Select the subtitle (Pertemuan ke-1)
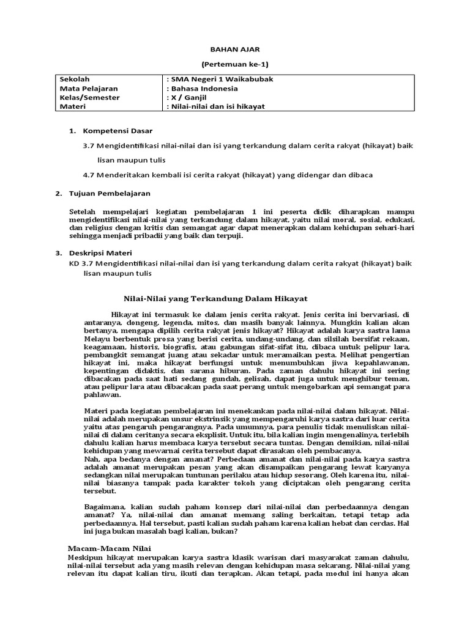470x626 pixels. [235, 64]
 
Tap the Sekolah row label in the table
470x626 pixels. [74, 79]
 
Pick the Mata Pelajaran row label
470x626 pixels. [89, 88]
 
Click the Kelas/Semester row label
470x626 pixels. [89, 97]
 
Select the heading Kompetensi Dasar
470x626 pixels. [117, 131]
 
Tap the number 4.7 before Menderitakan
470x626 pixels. [89, 175]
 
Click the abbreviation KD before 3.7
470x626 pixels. [75, 263]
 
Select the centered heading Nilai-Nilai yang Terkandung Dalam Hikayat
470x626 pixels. [211, 298]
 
